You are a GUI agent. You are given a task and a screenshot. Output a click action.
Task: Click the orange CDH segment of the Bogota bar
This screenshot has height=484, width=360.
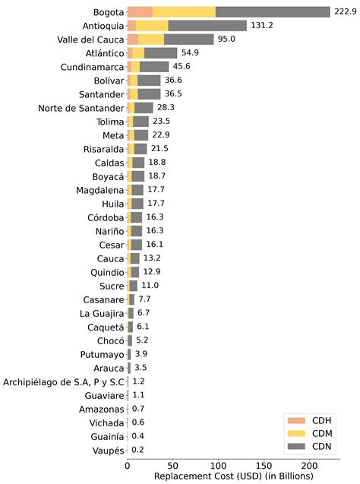(x=140, y=12)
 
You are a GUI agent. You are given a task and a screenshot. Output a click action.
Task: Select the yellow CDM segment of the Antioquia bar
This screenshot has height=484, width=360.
(x=152, y=26)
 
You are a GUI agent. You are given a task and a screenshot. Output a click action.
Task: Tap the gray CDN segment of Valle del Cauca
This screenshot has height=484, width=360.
(x=189, y=40)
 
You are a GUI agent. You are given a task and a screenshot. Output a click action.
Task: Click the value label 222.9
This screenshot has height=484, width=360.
(x=346, y=11)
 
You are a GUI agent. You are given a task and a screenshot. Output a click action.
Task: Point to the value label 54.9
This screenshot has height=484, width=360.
(x=190, y=52)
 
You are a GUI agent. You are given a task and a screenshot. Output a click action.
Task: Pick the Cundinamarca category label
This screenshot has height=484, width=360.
(x=92, y=67)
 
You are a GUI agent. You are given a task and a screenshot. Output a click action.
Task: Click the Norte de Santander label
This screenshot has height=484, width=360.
(x=81, y=108)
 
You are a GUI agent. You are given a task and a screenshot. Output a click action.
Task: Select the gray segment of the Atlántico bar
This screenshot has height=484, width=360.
(x=161, y=53)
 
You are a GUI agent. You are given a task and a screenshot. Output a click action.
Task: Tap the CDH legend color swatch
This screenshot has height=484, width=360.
(x=296, y=421)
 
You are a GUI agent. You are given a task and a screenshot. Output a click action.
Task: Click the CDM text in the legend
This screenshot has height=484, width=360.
(x=322, y=433)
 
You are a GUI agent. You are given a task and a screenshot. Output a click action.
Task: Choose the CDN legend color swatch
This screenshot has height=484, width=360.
(x=296, y=446)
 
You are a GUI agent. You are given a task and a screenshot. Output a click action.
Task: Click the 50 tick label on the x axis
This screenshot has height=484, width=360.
(x=173, y=466)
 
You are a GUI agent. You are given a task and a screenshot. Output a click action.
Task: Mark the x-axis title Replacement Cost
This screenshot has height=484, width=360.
(x=233, y=476)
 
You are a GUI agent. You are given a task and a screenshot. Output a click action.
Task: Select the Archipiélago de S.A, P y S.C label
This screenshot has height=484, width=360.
(x=64, y=382)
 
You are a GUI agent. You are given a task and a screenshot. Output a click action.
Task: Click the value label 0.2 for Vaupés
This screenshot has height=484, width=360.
(x=137, y=450)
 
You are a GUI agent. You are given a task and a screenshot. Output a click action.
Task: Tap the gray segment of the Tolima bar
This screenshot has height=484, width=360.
(x=141, y=122)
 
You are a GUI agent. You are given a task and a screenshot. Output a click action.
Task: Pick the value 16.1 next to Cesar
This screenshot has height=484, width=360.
(x=154, y=245)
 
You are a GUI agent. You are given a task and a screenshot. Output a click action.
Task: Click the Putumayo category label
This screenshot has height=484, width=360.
(x=102, y=354)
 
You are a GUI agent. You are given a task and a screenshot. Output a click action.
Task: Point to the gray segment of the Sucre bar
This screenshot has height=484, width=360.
(x=133, y=286)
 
